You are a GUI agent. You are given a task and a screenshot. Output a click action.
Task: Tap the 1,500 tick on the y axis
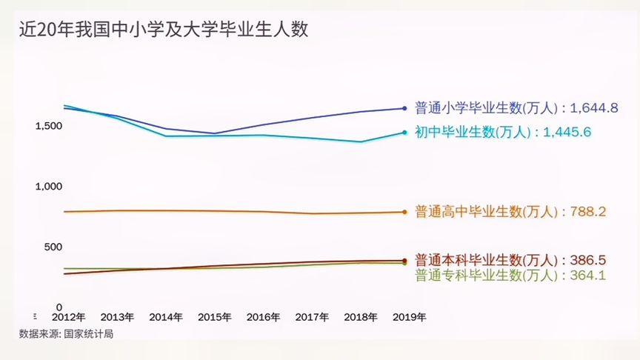pyautogui.click(x=48, y=126)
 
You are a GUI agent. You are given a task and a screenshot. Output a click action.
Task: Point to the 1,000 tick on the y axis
pyautogui.click(x=48, y=187)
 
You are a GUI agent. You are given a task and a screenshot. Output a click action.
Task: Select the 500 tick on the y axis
pyautogui.click(x=52, y=247)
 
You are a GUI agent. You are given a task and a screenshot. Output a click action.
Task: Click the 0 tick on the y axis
pyautogui.click(x=59, y=307)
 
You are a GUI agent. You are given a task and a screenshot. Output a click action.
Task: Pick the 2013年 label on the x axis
pyautogui.click(x=117, y=317)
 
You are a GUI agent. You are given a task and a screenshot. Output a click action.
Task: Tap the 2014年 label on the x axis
pyautogui.click(x=166, y=317)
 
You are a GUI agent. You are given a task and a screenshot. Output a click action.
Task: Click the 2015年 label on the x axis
pyautogui.click(x=215, y=317)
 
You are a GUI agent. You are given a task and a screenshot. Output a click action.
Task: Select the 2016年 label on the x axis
pyautogui.click(x=264, y=317)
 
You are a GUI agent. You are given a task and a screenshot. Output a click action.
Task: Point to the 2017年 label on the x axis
pyautogui.click(x=313, y=317)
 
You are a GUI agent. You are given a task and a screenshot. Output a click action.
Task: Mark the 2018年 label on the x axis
pyautogui.click(x=361, y=317)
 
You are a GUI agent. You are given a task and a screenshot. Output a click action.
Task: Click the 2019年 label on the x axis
pyautogui.click(x=409, y=317)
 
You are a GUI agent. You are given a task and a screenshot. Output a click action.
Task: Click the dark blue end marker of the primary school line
pyautogui.click(x=404, y=108)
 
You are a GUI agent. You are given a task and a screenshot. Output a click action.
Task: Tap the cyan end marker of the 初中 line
pyautogui.click(x=404, y=133)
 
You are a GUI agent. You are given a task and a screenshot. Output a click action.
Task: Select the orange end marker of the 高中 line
pyautogui.click(x=404, y=212)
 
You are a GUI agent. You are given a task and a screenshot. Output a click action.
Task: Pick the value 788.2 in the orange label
pyautogui.click(x=588, y=212)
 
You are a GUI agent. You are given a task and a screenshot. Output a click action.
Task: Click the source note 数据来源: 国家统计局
pyautogui.click(x=67, y=334)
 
